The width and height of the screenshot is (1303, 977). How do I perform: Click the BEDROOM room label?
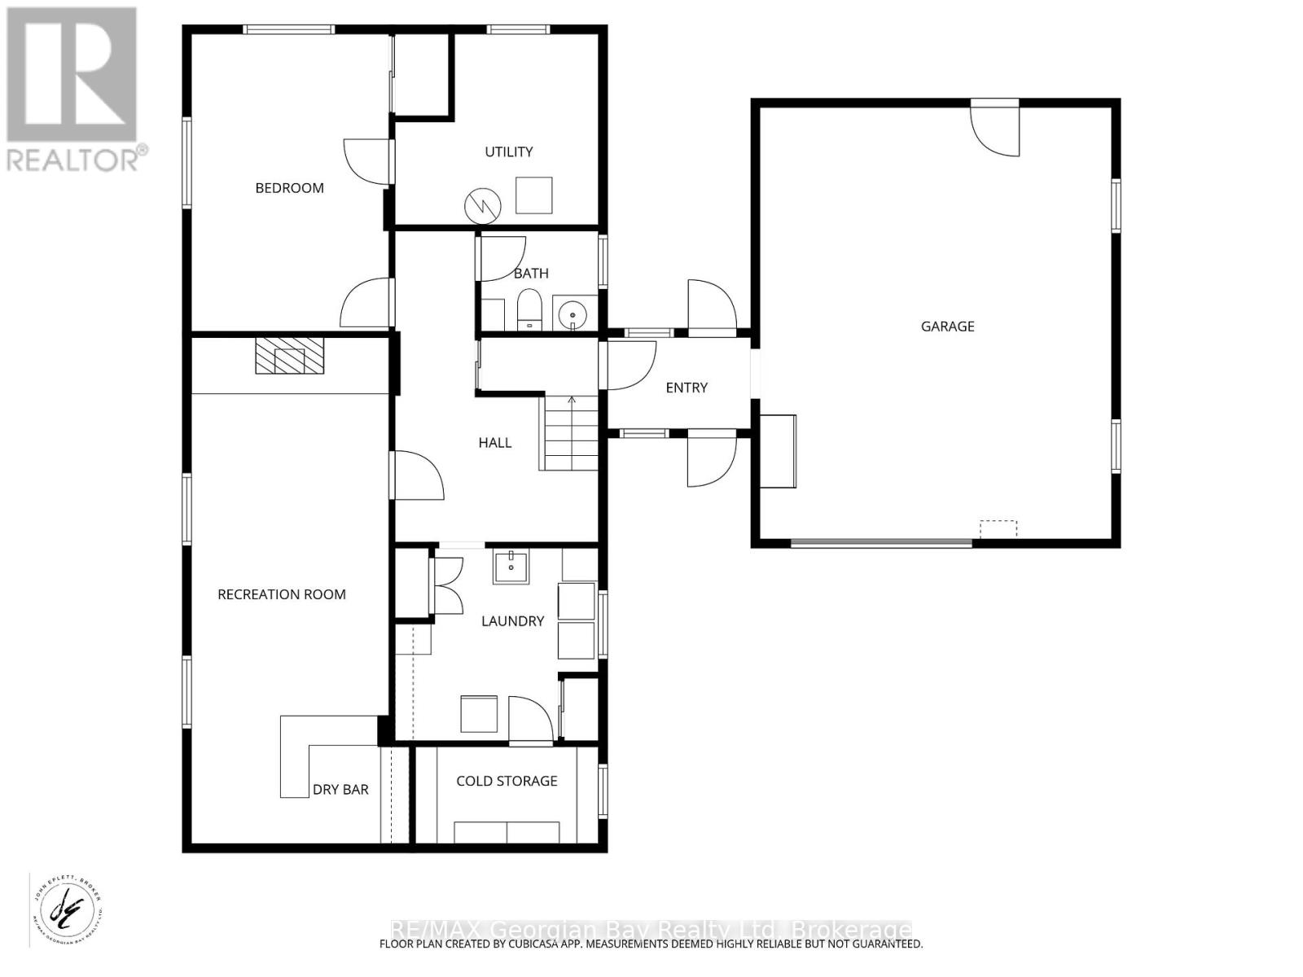289,188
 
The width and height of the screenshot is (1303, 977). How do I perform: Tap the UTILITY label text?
509,151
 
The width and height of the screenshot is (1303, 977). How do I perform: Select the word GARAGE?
947,326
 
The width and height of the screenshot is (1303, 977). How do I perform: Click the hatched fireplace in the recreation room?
289,356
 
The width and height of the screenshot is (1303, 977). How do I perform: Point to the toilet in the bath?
529,309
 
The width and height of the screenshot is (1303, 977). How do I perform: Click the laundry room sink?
511,566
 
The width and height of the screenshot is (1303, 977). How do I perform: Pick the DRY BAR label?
340,790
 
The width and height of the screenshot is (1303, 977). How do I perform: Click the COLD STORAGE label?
507,781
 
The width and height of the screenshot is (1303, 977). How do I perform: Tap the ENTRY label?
687,388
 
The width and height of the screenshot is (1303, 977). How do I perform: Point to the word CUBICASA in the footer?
531,944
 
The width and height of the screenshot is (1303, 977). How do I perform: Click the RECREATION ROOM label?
282,594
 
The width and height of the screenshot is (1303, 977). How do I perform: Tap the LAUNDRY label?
512,621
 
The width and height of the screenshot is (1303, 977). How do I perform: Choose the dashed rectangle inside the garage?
998,529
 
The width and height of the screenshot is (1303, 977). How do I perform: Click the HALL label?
495,443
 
